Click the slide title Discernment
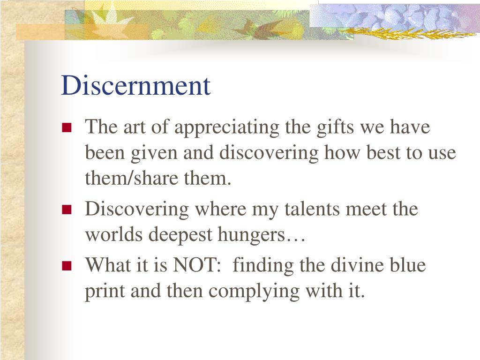click(136, 85)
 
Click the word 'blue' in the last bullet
click(409, 265)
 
